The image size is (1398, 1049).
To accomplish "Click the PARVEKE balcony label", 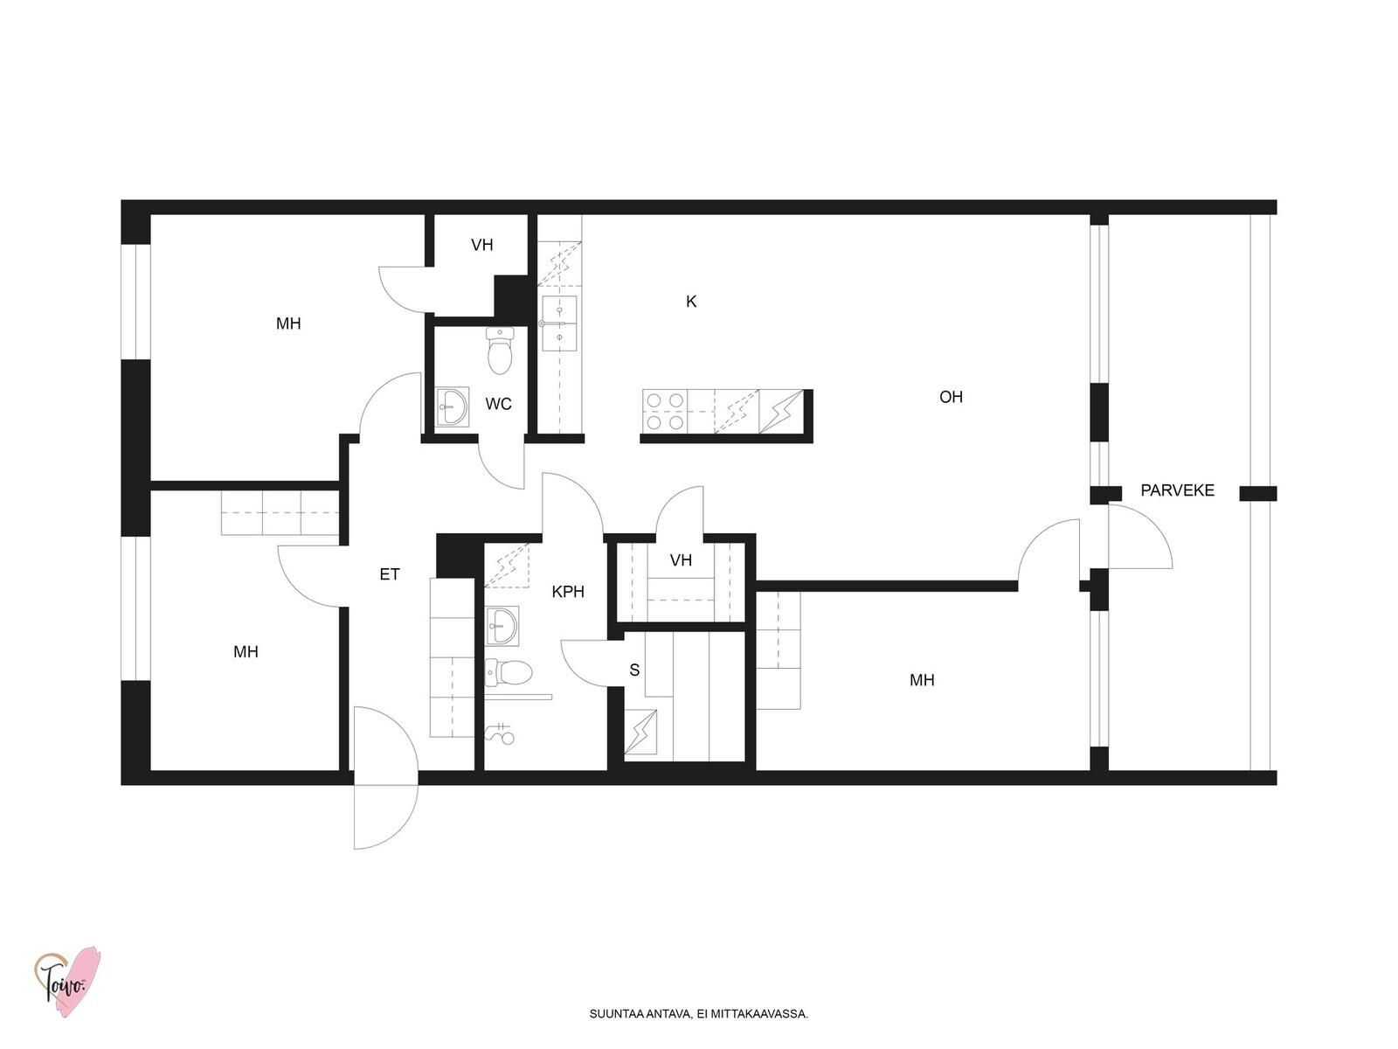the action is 1177,490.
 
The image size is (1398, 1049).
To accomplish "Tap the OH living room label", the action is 951,397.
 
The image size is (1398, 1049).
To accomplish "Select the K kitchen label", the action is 691,302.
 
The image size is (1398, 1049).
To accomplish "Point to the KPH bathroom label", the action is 567,592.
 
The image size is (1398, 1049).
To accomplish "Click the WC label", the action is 498,404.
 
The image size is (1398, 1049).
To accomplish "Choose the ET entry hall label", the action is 389,574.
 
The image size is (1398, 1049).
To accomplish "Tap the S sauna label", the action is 634,670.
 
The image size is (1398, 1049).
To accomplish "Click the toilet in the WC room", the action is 500,351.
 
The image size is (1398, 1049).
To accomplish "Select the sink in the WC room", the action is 453,406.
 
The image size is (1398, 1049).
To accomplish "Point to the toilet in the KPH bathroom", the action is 509,672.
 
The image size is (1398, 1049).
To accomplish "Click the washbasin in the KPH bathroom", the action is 502,625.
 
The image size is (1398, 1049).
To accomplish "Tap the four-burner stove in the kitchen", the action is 665,411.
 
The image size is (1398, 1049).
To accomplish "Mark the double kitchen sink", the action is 559,323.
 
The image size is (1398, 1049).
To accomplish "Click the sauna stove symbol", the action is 640,732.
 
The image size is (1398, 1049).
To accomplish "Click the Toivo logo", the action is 66,982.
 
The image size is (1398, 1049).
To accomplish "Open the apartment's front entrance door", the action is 386,778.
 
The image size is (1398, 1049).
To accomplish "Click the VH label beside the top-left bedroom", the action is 482,246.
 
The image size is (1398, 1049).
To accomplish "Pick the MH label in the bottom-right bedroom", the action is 922,680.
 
